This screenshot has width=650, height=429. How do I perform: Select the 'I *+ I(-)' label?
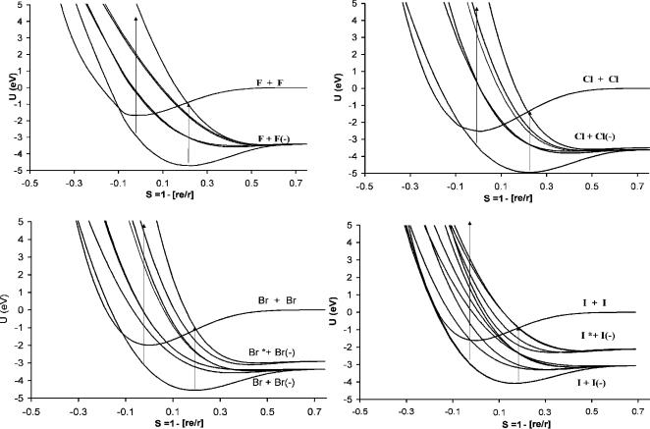pyautogui.click(x=597, y=336)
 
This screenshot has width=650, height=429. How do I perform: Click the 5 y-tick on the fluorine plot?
pyautogui.click(x=22, y=6)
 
